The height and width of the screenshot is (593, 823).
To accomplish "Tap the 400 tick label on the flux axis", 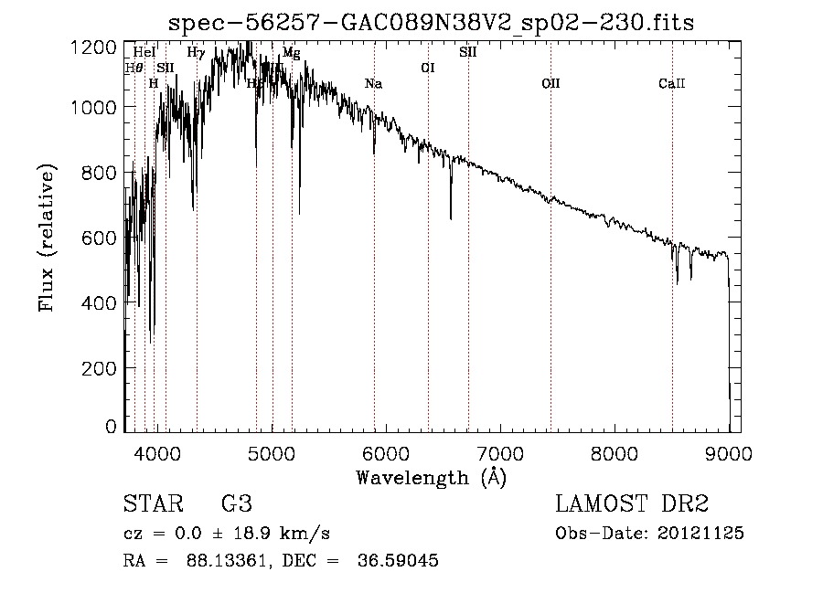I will click(102, 302).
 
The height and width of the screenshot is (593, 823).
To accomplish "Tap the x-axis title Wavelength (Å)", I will click(431, 477).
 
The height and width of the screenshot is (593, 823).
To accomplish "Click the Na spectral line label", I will click(373, 84).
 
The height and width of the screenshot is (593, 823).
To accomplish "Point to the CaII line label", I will click(672, 84).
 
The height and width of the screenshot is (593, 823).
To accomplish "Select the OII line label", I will click(550, 84).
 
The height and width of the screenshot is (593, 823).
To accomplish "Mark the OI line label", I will click(427, 68).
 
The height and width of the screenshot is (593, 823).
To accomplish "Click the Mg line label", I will click(291, 52).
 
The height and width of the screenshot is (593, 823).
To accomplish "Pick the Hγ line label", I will click(196, 52).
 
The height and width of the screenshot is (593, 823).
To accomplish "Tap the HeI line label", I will click(144, 52).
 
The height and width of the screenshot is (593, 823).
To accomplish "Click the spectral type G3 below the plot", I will click(237, 504).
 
